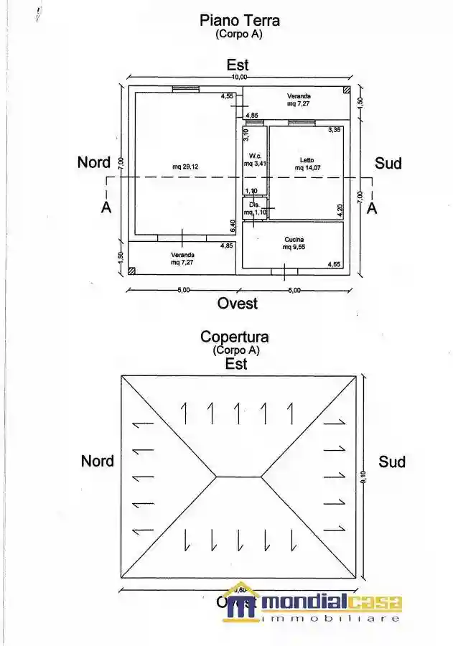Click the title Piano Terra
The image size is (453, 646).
tap(240, 21)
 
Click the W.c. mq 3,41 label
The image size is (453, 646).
tap(255, 160)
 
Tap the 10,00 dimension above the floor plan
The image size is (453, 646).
tap(238, 77)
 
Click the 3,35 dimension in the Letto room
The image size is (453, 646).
tap(334, 130)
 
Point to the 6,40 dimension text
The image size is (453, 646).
tap(233, 226)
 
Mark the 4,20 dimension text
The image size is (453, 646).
tap(340, 210)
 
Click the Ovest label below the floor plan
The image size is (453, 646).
tap(238, 304)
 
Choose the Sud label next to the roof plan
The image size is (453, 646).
tap(392, 462)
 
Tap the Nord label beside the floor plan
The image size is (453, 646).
tap(94, 163)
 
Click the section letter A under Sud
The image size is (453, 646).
tap(372, 207)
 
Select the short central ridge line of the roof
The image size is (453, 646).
tap(240, 476)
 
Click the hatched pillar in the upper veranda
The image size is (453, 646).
tap(346, 90)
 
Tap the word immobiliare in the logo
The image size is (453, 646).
tap(330, 618)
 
